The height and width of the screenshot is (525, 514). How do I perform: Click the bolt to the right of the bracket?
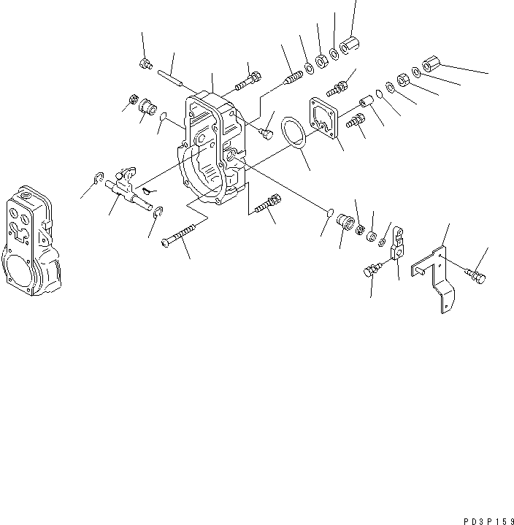pos(474,275)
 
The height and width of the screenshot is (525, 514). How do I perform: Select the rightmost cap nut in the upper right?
pos(430,64)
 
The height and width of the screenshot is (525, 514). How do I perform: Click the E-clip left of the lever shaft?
pos(96,177)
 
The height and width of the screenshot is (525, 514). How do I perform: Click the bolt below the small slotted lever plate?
pos(371,271)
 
